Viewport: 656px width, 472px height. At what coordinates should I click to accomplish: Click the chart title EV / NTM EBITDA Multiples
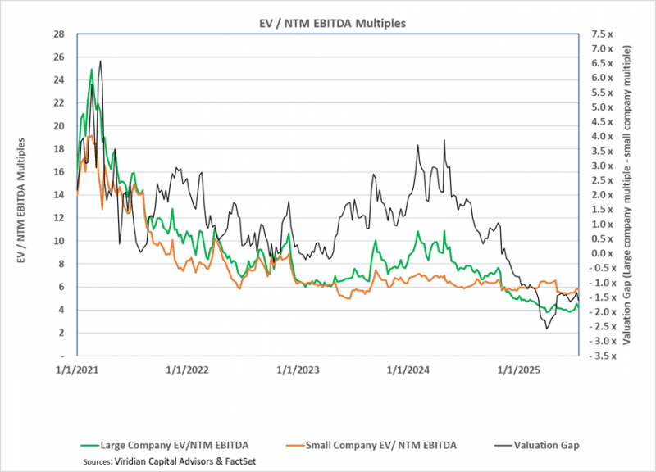327,23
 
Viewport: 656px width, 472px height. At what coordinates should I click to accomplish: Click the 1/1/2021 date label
77,369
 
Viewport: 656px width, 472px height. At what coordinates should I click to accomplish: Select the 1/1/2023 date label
298,369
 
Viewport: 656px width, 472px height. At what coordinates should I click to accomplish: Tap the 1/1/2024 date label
408,369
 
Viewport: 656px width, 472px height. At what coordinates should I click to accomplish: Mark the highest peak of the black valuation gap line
100,61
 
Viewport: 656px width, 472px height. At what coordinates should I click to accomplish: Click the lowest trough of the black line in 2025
546,329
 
